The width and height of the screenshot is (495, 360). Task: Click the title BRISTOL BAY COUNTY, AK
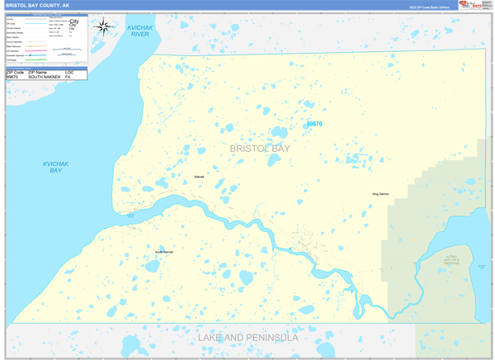tap(37, 5)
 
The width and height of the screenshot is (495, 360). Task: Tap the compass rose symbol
tap(104, 26)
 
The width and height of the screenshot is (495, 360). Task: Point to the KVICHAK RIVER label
tap(139, 31)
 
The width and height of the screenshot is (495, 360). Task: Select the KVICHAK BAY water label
tap(56, 167)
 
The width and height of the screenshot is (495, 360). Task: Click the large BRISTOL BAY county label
tap(260, 149)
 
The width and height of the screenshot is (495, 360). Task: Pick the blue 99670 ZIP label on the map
tap(314, 125)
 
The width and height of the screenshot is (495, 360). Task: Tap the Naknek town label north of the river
tap(198, 177)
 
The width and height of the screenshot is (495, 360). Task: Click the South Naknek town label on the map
tap(164, 251)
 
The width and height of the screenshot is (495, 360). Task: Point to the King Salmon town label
tap(380, 194)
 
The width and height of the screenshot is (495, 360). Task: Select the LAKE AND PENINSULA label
tap(247, 338)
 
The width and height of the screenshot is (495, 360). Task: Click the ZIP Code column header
tap(15, 72)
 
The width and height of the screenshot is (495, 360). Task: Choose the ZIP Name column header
tap(39, 72)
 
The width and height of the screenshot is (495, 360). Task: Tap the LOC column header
tap(69, 72)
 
